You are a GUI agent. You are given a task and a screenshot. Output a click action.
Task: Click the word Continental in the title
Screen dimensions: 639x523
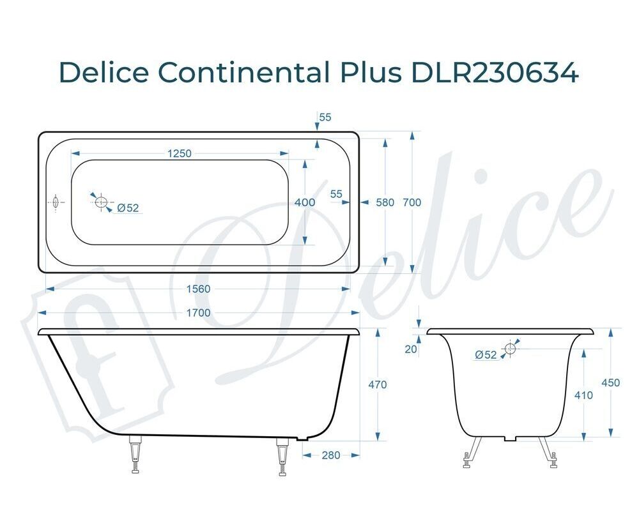tap(243, 73)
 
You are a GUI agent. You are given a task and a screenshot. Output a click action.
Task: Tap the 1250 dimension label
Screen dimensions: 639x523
tap(180, 153)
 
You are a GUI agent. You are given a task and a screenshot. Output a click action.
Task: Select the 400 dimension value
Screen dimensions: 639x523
tap(305, 202)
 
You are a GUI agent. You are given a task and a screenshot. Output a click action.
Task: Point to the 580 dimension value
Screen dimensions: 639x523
tap(385, 202)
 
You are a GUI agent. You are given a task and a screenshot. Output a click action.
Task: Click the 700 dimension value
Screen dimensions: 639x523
tap(412, 202)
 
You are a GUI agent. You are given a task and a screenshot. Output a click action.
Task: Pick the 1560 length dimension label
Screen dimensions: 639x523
tap(199, 289)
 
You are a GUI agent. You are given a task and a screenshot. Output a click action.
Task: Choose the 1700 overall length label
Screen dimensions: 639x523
tap(199, 313)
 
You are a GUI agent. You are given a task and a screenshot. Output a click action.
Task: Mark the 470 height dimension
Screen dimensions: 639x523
tap(378, 384)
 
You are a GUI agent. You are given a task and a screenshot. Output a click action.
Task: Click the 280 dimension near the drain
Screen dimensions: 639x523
tap(331, 455)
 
